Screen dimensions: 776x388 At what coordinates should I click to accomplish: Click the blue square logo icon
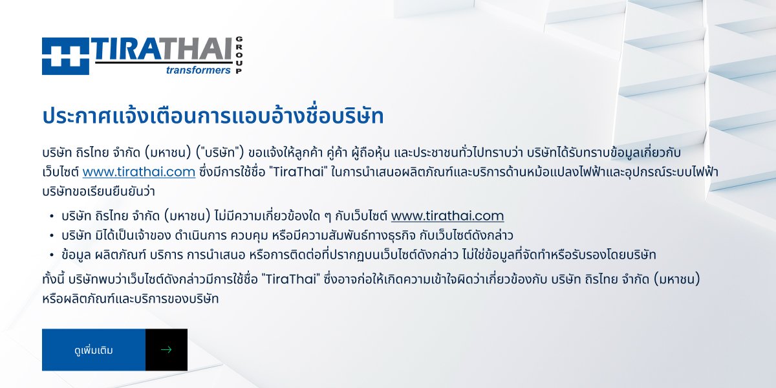(x=65, y=56)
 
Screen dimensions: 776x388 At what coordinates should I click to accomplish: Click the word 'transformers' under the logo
(x=198, y=70)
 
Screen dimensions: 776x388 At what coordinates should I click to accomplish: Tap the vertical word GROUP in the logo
(x=239, y=55)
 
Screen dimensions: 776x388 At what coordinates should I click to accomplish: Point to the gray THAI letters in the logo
(x=197, y=49)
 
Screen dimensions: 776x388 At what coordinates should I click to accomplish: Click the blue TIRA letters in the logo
(x=127, y=49)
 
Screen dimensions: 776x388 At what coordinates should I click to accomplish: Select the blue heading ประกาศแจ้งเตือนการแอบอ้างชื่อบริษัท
(x=213, y=115)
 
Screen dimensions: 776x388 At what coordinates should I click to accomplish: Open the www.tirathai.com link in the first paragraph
(x=139, y=172)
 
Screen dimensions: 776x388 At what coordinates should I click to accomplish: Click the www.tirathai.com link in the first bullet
(x=447, y=216)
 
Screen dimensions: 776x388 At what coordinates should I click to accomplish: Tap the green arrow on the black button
(x=166, y=350)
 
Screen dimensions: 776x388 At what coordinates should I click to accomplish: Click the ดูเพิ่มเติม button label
(x=94, y=350)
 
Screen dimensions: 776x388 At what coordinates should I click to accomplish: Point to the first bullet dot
(x=52, y=217)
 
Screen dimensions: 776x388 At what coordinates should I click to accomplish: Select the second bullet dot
(x=52, y=236)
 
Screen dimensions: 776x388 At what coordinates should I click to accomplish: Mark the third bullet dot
(x=52, y=255)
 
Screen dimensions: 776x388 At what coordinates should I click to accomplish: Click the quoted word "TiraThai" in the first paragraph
(x=298, y=171)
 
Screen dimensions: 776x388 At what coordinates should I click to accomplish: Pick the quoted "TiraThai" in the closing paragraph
(x=290, y=279)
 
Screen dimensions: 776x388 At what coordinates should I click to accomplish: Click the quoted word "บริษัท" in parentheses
(x=220, y=153)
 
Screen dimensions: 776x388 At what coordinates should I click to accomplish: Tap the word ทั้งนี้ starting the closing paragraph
(x=53, y=279)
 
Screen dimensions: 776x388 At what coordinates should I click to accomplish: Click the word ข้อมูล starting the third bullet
(x=76, y=255)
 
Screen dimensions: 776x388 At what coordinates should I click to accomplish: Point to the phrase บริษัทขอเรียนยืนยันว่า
(x=98, y=191)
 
